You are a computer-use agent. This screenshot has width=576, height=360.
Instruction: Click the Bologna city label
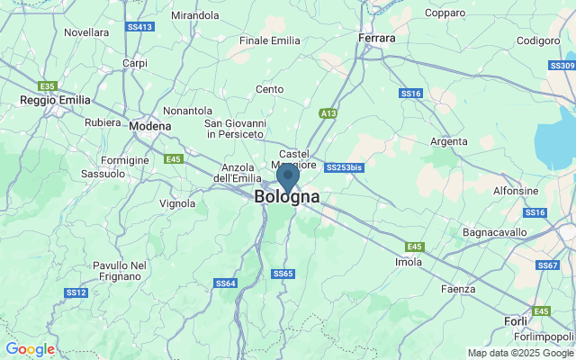point(286,197)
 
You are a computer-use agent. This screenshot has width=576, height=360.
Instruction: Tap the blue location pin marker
point(287,175)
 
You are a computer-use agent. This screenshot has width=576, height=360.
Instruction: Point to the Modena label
point(149,127)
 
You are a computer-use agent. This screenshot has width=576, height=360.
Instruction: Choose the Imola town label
point(409,262)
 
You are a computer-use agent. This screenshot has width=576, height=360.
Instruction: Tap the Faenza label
point(457,289)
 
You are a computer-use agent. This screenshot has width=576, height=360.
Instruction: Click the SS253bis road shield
point(344,167)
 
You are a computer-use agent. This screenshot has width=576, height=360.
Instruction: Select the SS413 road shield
point(139,27)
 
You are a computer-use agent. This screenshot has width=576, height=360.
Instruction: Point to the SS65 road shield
point(283,274)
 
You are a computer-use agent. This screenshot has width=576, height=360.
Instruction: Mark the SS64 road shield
point(226,283)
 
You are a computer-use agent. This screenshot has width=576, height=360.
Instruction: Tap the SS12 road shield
point(76,292)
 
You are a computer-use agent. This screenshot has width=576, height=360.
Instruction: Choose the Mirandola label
point(194,15)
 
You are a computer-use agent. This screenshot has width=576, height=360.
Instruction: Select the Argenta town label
point(449,141)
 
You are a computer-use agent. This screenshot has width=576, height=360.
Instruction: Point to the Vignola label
point(177,203)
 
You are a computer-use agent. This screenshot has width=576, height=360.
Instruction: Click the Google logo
point(30,349)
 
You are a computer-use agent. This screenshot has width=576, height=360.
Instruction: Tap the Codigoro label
point(538,40)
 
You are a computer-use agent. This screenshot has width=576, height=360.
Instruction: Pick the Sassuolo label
point(103,173)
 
